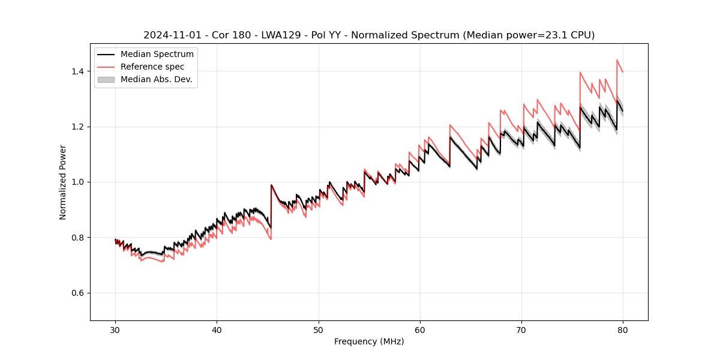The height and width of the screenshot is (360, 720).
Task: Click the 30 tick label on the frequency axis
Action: point(116,329)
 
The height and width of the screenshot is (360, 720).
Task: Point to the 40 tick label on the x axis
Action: point(217,329)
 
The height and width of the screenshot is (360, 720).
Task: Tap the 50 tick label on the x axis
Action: point(319,329)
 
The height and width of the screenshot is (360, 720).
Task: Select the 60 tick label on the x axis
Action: point(420,329)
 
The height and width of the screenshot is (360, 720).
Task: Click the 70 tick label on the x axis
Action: point(521,329)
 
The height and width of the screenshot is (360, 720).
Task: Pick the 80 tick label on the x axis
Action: point(623,329)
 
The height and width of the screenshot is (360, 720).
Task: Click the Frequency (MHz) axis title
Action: point(369,341)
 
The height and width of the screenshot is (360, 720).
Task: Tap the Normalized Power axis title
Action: point(63,182)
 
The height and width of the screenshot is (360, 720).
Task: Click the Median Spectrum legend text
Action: point(157,55)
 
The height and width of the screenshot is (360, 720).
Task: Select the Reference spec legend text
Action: point(152,67)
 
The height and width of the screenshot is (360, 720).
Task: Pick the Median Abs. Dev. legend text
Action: point(156,79)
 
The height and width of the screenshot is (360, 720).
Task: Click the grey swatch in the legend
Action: point(106,79)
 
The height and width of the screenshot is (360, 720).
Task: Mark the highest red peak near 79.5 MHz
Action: point(617,60)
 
